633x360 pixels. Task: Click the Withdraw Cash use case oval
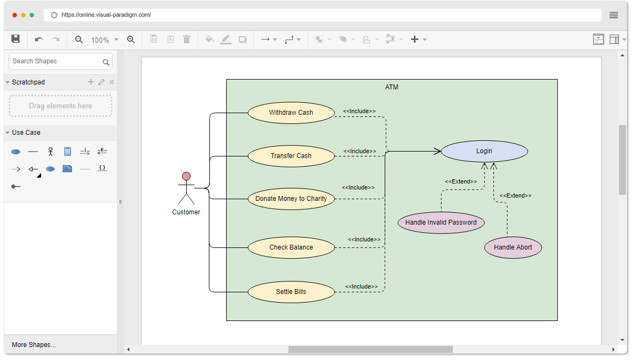[291, 113]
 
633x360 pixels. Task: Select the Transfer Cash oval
[291, 156]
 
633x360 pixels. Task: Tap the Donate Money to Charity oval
[291, 199]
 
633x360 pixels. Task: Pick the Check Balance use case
[291, 247]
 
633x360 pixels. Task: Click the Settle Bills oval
[291, 292]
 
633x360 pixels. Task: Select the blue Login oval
[484, 151]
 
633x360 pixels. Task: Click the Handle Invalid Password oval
[441, 222]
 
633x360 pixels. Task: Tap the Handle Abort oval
[513, 247]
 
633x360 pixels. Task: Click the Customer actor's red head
[187, 176]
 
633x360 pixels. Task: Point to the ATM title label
[392, 87]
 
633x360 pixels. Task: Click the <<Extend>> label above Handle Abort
[515, 195]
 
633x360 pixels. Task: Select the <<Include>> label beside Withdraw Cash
[359, 111]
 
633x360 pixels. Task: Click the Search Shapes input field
[56, 61]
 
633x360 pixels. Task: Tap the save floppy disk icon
[16, 39]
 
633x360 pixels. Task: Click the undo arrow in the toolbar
[39, 40]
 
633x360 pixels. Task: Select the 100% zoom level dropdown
[104, 40]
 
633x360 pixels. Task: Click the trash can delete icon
[187, 39]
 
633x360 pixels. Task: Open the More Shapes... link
[34, 345]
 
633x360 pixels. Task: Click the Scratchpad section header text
[28, 82]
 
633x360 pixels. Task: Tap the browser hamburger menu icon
[614, 15]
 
